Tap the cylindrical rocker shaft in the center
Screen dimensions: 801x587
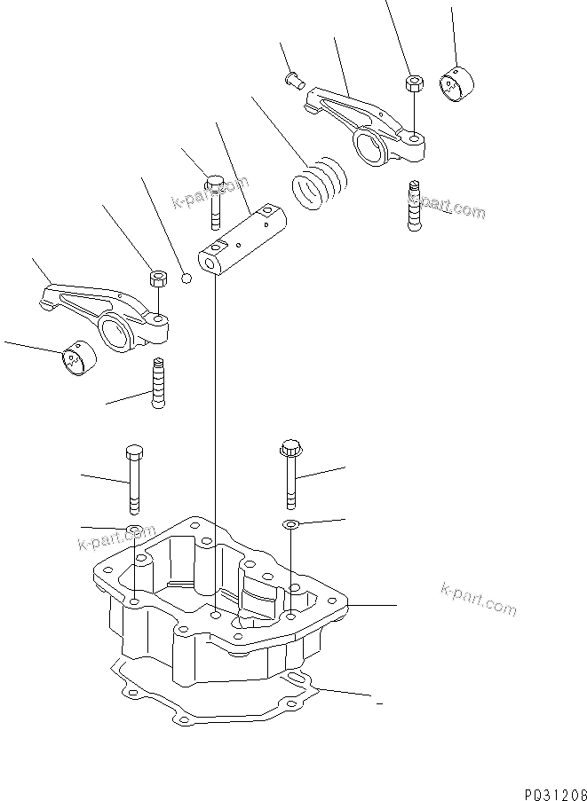click(242, 240)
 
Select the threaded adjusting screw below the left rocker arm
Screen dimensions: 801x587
click(159, 382)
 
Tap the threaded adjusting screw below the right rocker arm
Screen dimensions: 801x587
click(414, 206)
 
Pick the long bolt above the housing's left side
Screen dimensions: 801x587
click(133, 478)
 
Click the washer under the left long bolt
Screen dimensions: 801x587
click(134, 532)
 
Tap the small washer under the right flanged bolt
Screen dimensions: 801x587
click(290, 526)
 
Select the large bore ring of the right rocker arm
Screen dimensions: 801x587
click(370, 142)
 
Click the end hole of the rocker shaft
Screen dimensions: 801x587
click(210, 263)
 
